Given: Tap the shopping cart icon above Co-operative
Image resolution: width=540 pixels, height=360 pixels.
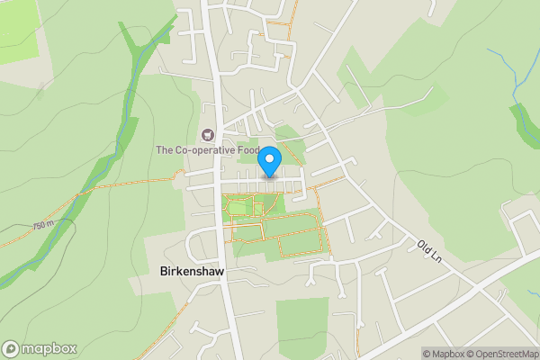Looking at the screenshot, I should (209, 135).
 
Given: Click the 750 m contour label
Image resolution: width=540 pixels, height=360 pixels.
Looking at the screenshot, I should (42, 225).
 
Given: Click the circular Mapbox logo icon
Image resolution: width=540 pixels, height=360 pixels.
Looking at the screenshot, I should (11, 349).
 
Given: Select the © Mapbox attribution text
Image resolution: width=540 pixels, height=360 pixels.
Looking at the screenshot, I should (446, 354).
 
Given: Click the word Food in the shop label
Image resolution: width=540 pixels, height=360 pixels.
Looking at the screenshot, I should (247, 150).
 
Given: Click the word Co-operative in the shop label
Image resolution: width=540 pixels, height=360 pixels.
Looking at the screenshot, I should (203, 150).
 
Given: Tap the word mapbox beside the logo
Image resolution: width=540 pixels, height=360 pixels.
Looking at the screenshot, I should (49, 349).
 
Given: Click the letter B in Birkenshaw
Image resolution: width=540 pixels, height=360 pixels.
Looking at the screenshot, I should (164, 270).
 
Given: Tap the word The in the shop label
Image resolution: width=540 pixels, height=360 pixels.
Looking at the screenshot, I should (165, 150).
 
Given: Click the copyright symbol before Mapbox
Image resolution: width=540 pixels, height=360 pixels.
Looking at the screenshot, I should (427, 354).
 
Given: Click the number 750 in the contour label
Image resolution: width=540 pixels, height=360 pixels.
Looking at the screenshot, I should (39, 226).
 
